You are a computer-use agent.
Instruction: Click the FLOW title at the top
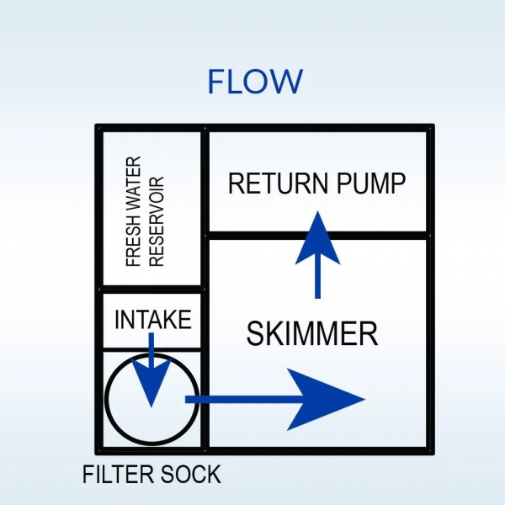(x=254, y=82)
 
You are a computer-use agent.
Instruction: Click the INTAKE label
(x=152, y=321)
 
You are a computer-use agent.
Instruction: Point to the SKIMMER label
(x=311, y=335)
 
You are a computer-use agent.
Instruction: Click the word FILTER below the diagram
(x=117, y=475)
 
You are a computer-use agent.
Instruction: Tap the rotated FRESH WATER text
(x=133, y=211)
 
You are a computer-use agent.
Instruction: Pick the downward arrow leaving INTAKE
(x=151, y=375)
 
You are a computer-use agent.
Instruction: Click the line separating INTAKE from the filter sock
(x=151, y=348)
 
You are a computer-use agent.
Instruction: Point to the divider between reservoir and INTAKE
(x=151, y=290)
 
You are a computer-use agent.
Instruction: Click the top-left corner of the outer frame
(x=99, y=128)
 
